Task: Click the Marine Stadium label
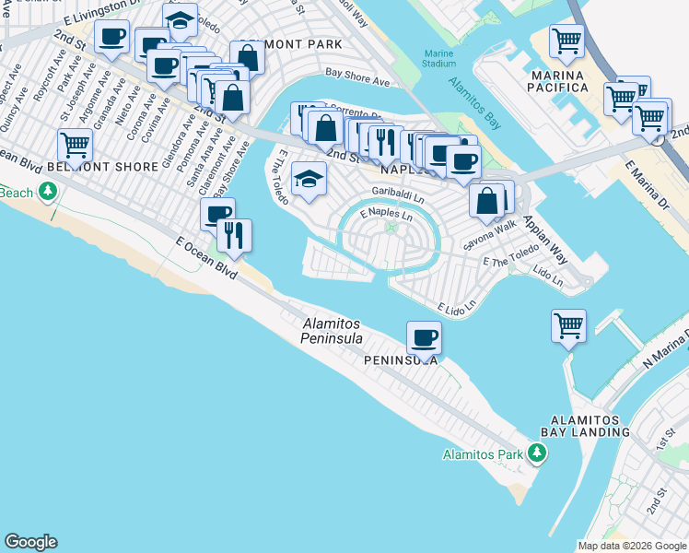point(440,58)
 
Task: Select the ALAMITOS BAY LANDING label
point(585,424)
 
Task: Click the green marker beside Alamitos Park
point(534,453)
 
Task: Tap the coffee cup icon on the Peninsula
point(424,337)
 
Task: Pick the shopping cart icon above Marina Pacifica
point(566,41)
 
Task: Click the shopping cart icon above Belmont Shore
point(75,145)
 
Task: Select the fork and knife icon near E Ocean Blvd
point(236,235)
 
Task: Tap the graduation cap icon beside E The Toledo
point(309,179)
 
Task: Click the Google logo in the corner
point(30,542)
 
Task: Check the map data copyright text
point(632,546)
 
